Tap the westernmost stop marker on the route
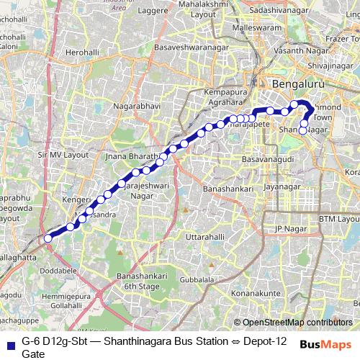click(x=48, y=238)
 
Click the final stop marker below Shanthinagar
click(x=303, y=131)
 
